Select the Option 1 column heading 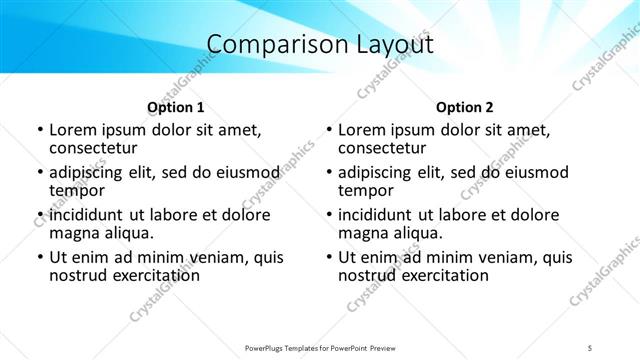pos(175,107)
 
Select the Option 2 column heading pos(465,107)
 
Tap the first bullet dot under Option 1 pos(39,130)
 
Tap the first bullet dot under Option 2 pos(328,130)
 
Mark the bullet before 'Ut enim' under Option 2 pos(328,257)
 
